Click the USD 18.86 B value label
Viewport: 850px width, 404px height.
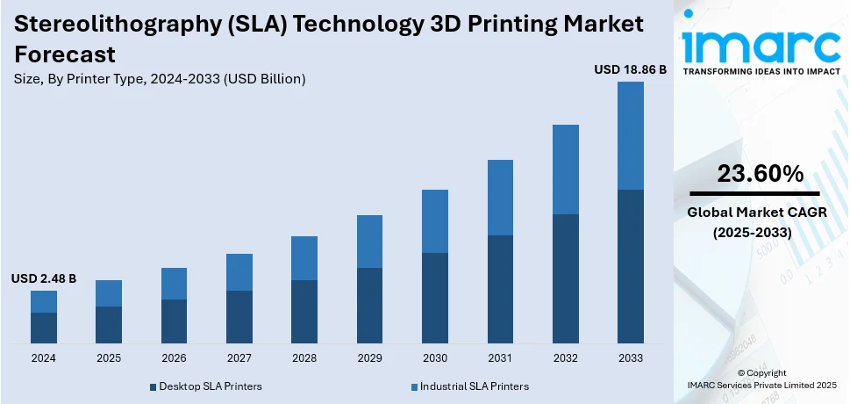tap(630, 69)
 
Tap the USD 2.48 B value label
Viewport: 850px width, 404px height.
tap(44, 278)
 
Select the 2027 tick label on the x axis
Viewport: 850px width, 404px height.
tap(239, 358)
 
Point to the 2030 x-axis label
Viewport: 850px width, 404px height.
tap(434, 358)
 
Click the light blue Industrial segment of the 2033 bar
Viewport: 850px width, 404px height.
tap(630, 135)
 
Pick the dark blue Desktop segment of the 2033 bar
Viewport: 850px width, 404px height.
tap(630, 265)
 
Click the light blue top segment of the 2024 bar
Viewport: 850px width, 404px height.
tap(44, 301)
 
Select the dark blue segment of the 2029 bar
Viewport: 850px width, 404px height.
tap(369, 305)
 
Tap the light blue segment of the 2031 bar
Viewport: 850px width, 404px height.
tap(500, 198)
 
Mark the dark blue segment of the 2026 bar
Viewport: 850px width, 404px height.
tap(174, 321)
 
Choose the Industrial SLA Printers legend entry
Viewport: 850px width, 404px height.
tap(469, 386)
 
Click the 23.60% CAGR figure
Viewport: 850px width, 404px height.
tap(760, 175)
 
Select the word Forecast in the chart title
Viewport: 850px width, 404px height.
tap(65, 54)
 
